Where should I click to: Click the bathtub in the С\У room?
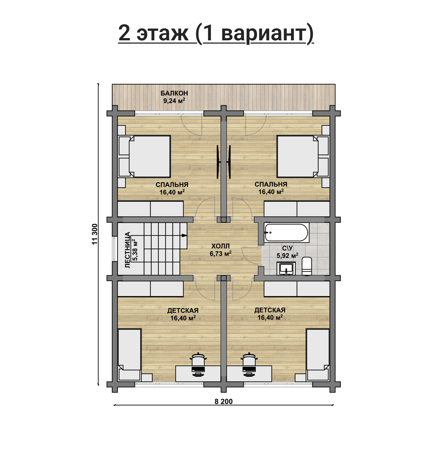286,232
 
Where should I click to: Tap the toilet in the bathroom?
307,266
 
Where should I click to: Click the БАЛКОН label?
174,93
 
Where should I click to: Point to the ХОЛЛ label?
221,246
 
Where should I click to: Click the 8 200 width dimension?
224,402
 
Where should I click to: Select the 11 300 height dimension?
95,234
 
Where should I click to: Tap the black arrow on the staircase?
184,235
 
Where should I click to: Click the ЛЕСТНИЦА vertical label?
128,250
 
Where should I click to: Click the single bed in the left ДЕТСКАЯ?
130,354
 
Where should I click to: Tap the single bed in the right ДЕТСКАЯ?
318,354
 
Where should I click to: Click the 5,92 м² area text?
287,255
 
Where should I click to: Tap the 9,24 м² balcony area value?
174,101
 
